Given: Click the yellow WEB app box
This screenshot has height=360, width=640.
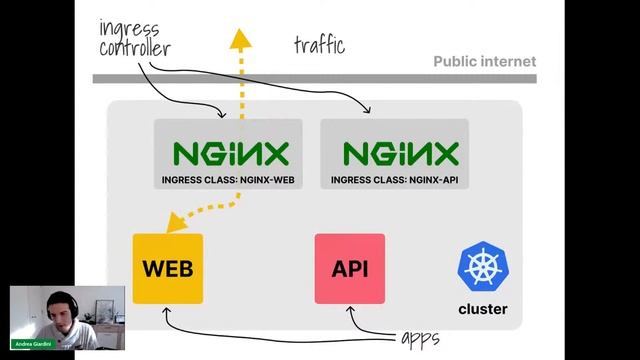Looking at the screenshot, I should (168, 269).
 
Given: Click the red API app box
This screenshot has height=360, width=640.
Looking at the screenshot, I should (350, 269).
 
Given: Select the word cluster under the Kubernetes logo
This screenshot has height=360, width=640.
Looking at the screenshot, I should (482, 309).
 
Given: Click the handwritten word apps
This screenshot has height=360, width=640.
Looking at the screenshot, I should (419, 338).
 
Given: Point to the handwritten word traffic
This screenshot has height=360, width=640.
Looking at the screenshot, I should (319, 45).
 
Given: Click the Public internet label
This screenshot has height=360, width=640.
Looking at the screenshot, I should (484, 62).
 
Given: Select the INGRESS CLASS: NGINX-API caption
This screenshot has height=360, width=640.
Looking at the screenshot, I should (394, 181).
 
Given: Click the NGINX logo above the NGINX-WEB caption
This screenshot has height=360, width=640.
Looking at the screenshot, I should (230, 153).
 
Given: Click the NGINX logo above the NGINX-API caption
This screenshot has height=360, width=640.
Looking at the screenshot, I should (400, 153).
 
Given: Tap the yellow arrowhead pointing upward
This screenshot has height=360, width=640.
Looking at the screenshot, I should (239, 39).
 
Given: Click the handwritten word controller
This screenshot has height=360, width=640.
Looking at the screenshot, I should (134, 47).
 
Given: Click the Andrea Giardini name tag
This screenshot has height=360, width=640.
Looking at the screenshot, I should (36, 343).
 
